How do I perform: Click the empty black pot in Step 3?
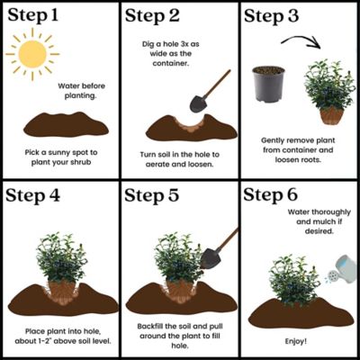pyautogui.click(x=267, y=85)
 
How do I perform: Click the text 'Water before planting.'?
pyautogui.click(x=82, y=93)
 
